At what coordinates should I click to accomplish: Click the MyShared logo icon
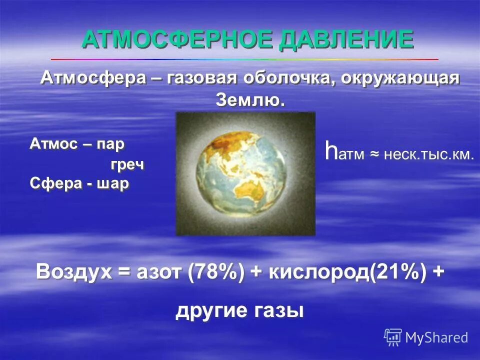[392, 337]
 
